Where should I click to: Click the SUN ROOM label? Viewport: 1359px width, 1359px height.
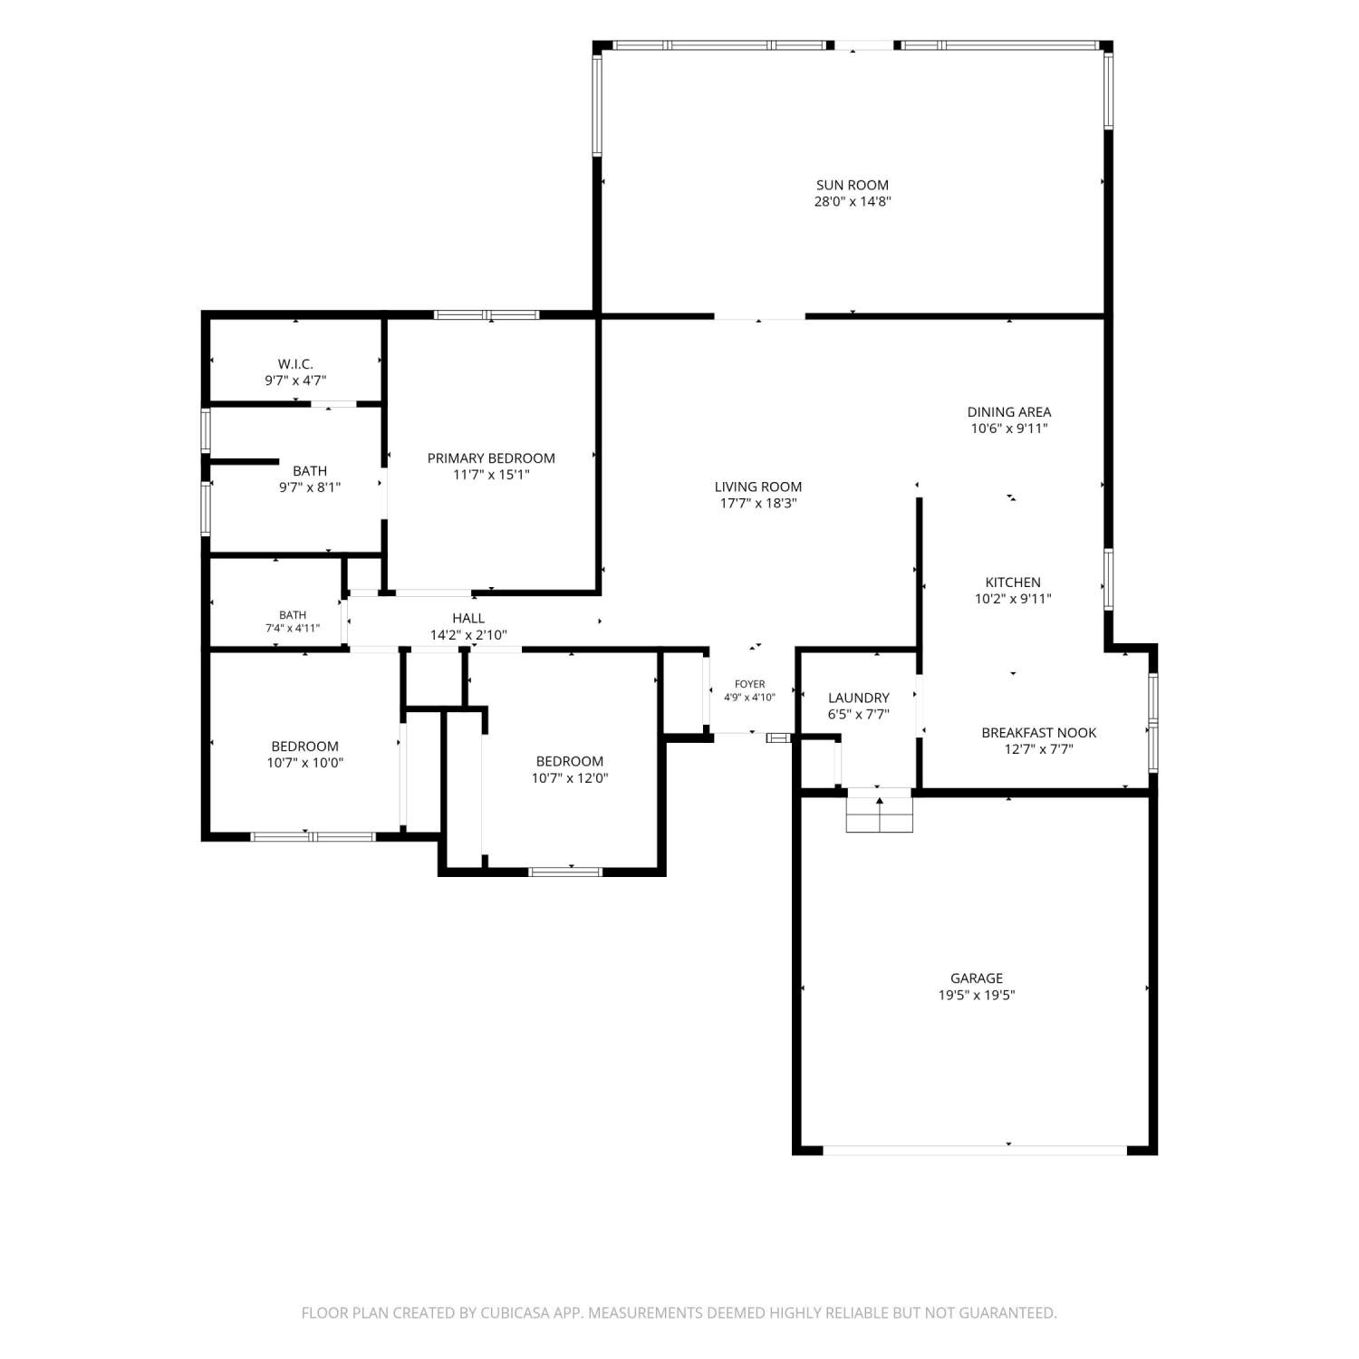pos(853,185)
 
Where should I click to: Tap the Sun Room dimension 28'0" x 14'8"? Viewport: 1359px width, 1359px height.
pos(853,201)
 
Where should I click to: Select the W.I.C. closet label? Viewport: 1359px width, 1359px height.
pos(295,364)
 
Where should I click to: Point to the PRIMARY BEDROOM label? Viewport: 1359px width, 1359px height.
pos(491,458)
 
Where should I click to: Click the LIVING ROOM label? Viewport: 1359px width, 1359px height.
pos(758,487)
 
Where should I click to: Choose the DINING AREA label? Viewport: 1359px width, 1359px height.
pos(1009,412)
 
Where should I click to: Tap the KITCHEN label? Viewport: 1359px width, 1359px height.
pos(1013,583)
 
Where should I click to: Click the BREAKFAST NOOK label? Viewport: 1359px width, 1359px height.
pos(1039,733)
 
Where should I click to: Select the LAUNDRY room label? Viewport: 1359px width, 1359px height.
pos(859,698)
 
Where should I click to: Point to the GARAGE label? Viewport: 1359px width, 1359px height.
pos(977,978)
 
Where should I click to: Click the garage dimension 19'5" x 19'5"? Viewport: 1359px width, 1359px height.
pos(977,995)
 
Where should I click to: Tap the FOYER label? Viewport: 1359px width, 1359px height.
pos(750,684)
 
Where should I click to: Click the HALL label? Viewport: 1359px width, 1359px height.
pos(468,619)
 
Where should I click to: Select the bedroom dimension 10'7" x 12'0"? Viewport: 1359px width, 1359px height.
pos(570,778)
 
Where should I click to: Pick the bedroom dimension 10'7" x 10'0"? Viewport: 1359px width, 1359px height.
pos(305,763)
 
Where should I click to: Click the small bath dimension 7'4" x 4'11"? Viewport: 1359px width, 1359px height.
pos(293,628)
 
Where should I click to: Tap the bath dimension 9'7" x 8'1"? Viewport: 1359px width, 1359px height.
pos(310,487)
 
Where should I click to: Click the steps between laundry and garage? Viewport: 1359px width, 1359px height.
pos(879,810)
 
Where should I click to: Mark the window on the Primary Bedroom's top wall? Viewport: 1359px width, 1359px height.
pos(487,315)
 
